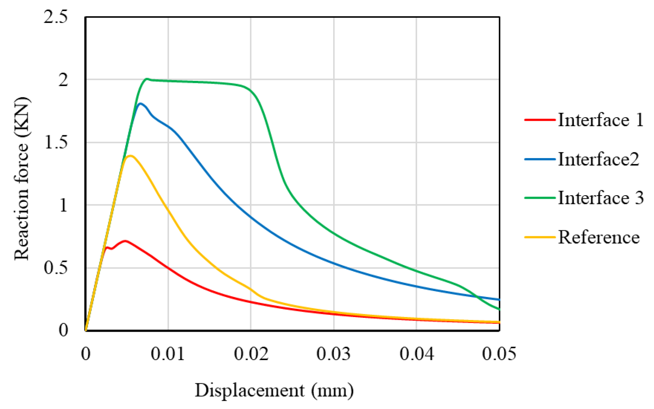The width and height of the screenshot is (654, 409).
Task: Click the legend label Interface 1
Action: (x=600, y=120)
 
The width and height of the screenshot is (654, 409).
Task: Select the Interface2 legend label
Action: (x=598, y=159)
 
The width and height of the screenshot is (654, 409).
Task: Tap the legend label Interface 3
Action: (x=600, y=198)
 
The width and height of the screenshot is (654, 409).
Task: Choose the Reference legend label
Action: (x=598, y=237)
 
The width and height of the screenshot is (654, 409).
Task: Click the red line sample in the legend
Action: (x=540, y=120)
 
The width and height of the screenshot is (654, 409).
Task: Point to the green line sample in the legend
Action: (x=540, y=198)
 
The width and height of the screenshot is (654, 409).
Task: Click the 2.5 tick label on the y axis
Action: (x=56, y=17)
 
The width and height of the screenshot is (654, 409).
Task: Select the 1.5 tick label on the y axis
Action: (x=56, y=142)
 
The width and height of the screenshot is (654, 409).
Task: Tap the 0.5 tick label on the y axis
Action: (x=56, y=268)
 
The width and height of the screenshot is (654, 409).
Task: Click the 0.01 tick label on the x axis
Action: (x=168, y=354)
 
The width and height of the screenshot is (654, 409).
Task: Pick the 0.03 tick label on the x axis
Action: (x=334, y=354)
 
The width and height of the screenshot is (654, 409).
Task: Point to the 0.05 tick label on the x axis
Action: (x=499, y=354)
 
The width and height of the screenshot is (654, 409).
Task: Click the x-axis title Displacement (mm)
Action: (x=274, y=390)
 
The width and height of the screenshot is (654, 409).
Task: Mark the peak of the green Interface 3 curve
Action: (x=147, y=79)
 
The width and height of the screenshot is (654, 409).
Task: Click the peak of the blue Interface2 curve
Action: (x=141, y=104)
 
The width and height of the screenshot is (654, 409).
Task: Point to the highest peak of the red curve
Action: (x=125, y=241)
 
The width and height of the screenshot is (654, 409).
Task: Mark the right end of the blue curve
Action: (x=499, y=300)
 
